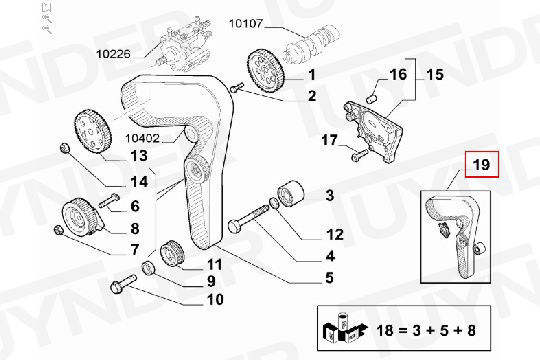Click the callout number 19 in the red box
click(x=481, y=164)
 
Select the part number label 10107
click(x=246, y=24)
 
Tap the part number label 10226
click(x=113, y=54)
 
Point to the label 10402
click(x=142, y=138)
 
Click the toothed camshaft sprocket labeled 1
click(x=266, y=71)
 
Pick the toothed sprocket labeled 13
click(x=92, y=131)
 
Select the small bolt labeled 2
click(x=237, y=87)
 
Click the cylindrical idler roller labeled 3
click(x=291, y=194)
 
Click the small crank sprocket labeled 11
click(x=173, y=253)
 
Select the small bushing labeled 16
click(x=372, y=99)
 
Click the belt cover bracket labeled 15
click(x=373, y=131)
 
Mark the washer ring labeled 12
click(x=274, y=203)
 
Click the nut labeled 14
click(x=64, y=147)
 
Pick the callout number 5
click(x=330, y=278)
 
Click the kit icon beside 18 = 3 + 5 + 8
click(x=343, y=328)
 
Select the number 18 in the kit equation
click(x=385, y=331)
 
